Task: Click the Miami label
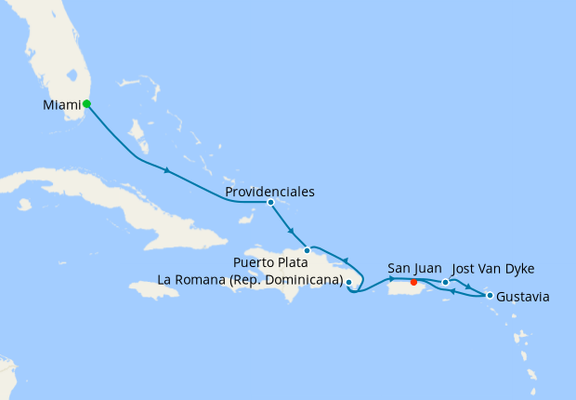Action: point(61,105)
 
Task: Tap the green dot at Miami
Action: point(86,104)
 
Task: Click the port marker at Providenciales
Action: point(270,202)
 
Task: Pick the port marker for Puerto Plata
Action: point(307,250)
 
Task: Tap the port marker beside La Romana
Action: point(348,281)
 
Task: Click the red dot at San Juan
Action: point(413,283)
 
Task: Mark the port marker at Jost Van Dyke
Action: point(446,282)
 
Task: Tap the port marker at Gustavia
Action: point(490,296)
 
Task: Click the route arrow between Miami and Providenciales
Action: point(166,170)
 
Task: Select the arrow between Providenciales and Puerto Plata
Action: point(291,231)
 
